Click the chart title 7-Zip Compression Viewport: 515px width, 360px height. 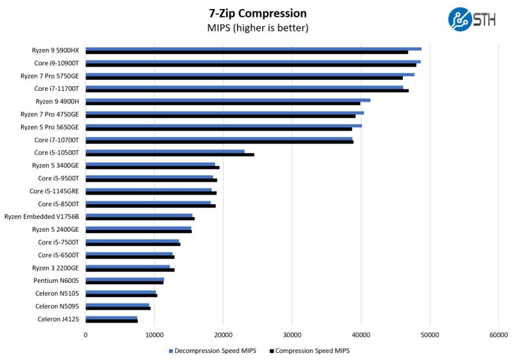pyautogui.click(x=257, y=13)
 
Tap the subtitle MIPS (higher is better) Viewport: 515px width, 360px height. pyautogui.click(x=257, y=28)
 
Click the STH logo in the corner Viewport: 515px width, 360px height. pyautogui.click(x=472, y=19)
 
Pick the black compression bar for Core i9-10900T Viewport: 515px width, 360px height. pyautogui.click(x=250, y=65)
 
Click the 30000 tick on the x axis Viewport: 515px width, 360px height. pyautogui.click(x=292, y=334)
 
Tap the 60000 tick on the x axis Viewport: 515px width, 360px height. pyautogui.click(x=498, y=334)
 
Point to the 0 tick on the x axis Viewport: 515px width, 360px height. pyautogui.click(x=86, y=334)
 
